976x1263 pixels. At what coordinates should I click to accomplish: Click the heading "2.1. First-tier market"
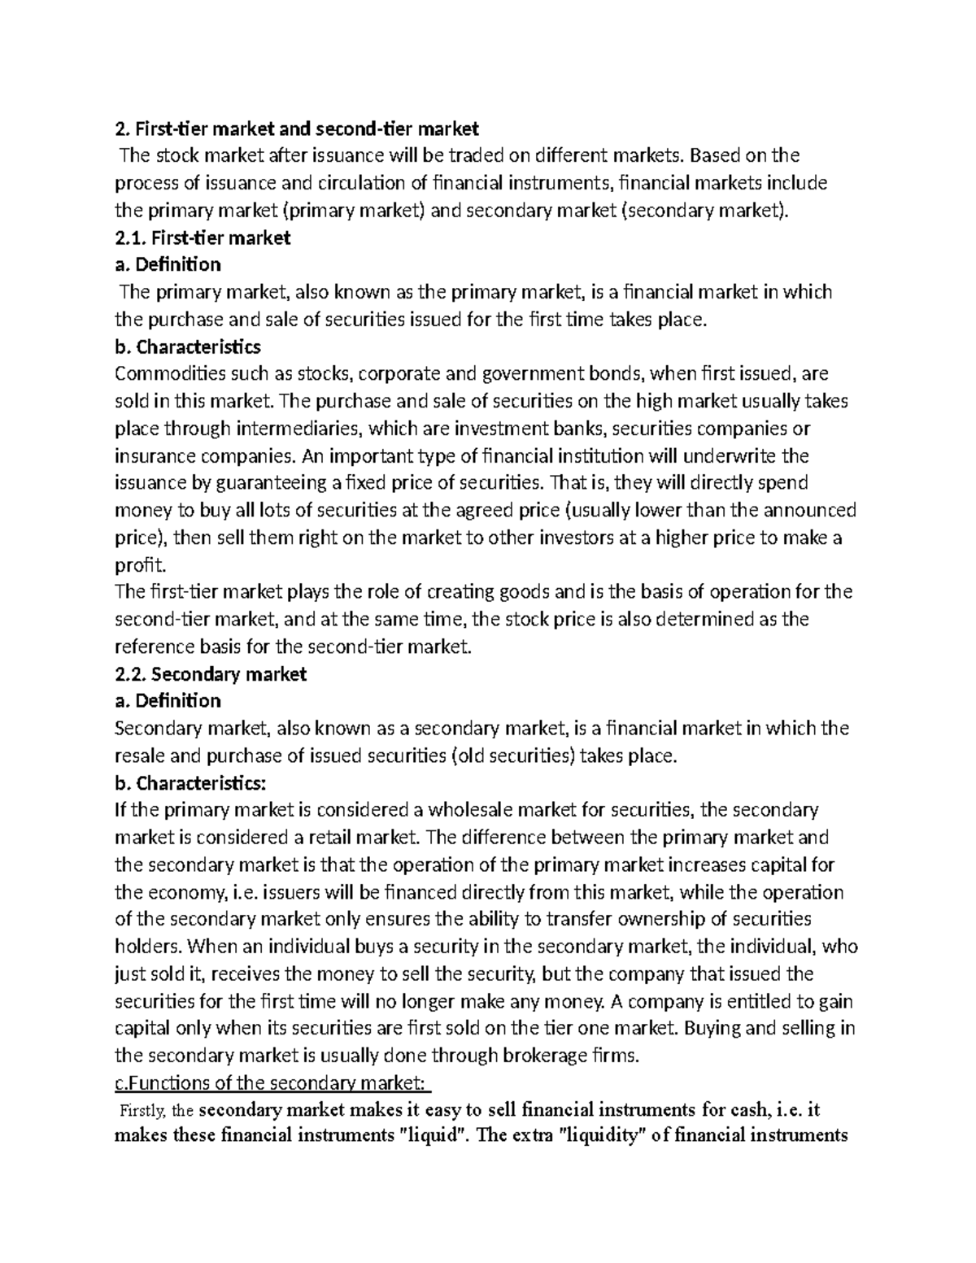pyautogui.click(x=203, y=237)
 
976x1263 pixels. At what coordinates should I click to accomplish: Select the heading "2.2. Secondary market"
pyautogui.click(x=211, y=673)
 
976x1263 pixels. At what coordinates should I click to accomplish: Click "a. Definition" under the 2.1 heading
pyautogui.click(x=168, y=264)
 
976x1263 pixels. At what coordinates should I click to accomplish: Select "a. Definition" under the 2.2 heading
pyautogui.click(x=168, y=700)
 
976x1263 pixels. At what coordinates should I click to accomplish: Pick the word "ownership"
pyautogui.click(x=663, y=919)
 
